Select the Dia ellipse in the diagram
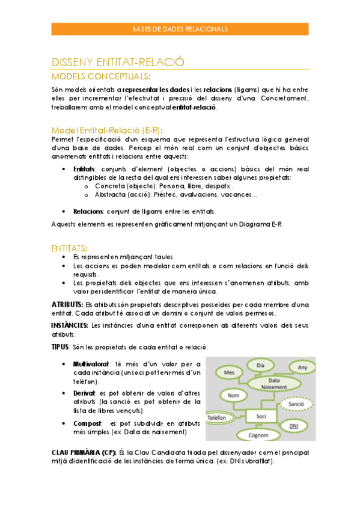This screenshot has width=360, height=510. pos(261,365)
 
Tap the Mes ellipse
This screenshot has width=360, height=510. pos(229,373)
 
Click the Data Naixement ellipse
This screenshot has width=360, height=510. pos(273,384)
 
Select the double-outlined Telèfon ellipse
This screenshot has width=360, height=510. pos(220,417)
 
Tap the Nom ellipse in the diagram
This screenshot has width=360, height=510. pos(234,395)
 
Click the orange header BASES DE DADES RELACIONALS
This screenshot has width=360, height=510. pos(180,29)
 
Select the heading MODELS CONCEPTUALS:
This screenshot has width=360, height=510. pos(101,76)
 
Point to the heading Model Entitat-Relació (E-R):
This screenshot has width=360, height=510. pos(107,130)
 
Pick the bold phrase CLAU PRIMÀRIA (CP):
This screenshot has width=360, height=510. pos(84,452)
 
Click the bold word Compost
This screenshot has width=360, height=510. pos(87,423)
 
